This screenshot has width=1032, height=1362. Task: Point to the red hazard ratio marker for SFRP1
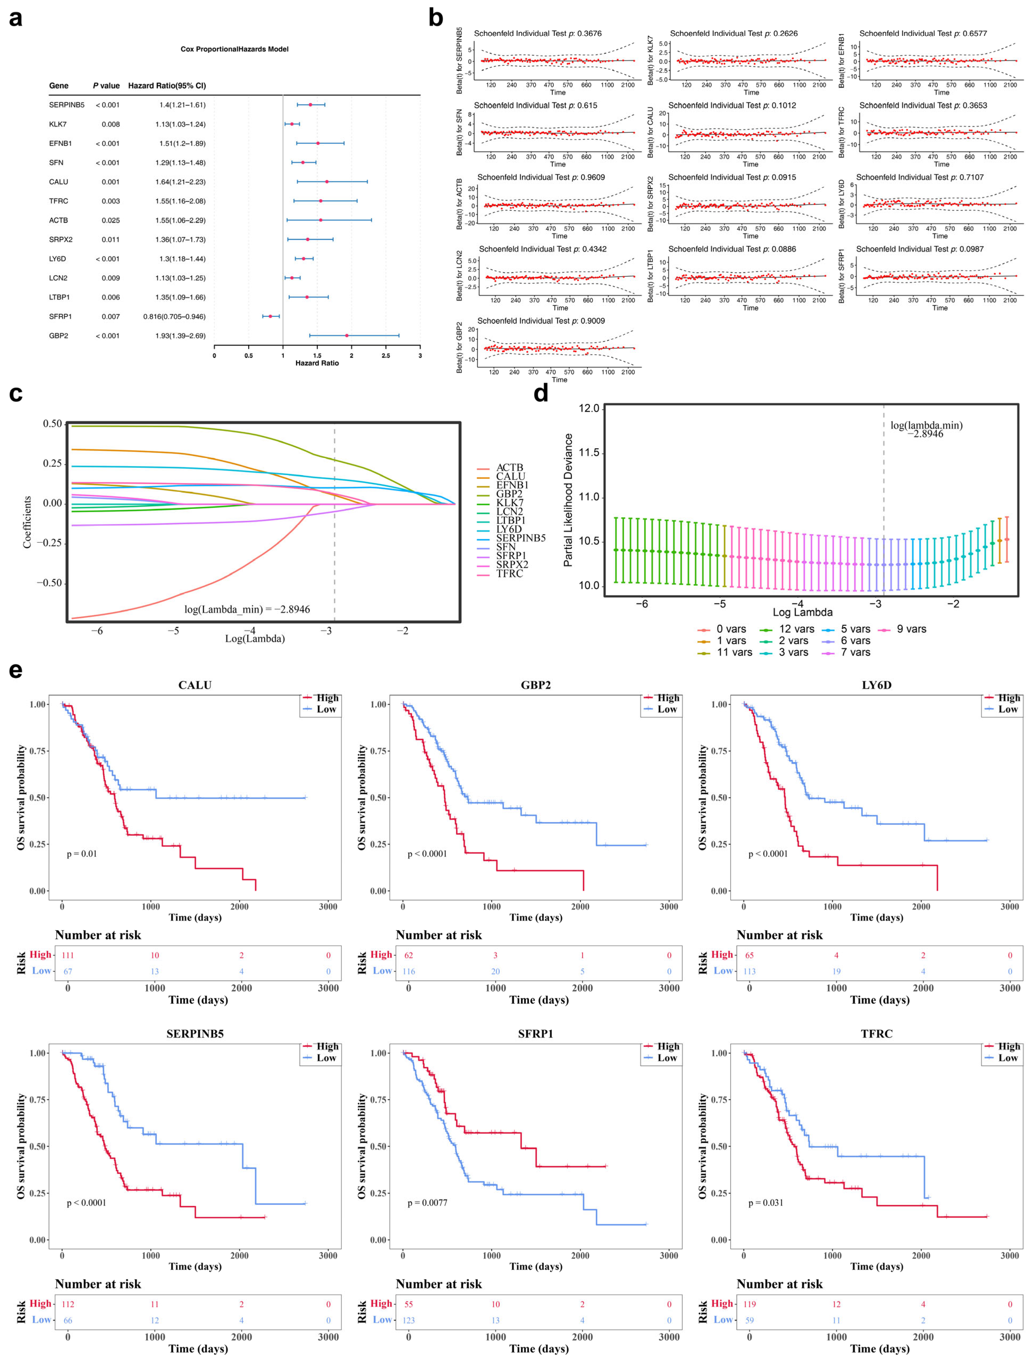270,316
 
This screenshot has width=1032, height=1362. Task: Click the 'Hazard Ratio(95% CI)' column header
167,86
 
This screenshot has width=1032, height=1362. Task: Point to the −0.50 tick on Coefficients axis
49,582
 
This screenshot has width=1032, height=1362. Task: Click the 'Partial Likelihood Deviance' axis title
568,500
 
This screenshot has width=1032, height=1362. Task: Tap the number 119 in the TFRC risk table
749,1304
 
